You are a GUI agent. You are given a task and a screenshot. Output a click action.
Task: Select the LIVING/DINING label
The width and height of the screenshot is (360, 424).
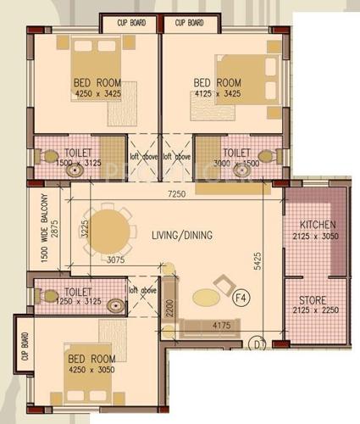pos(182,235)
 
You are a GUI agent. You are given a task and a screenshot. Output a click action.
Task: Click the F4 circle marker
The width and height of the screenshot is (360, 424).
pos(240,298)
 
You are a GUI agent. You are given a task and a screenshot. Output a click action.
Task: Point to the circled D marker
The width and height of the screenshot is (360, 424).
pos(260,343)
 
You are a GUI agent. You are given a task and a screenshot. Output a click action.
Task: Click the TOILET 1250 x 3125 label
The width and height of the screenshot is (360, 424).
pos(78,296)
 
